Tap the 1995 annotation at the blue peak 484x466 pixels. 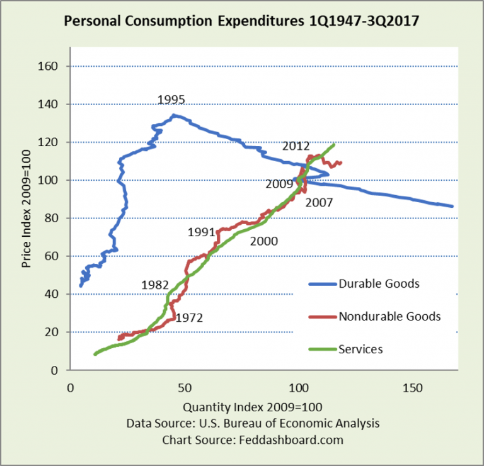(x=171, y=99)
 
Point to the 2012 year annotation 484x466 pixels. (x=295, y=146)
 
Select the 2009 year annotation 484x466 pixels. (x=279, y=185)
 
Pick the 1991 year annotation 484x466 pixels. (x=201, y=232)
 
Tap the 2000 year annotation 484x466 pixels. (x=263, y=240)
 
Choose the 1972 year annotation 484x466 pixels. (x=188, y=318)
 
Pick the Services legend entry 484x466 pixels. (x=360, y=349)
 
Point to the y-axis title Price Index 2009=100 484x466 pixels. (x=27, y=218)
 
